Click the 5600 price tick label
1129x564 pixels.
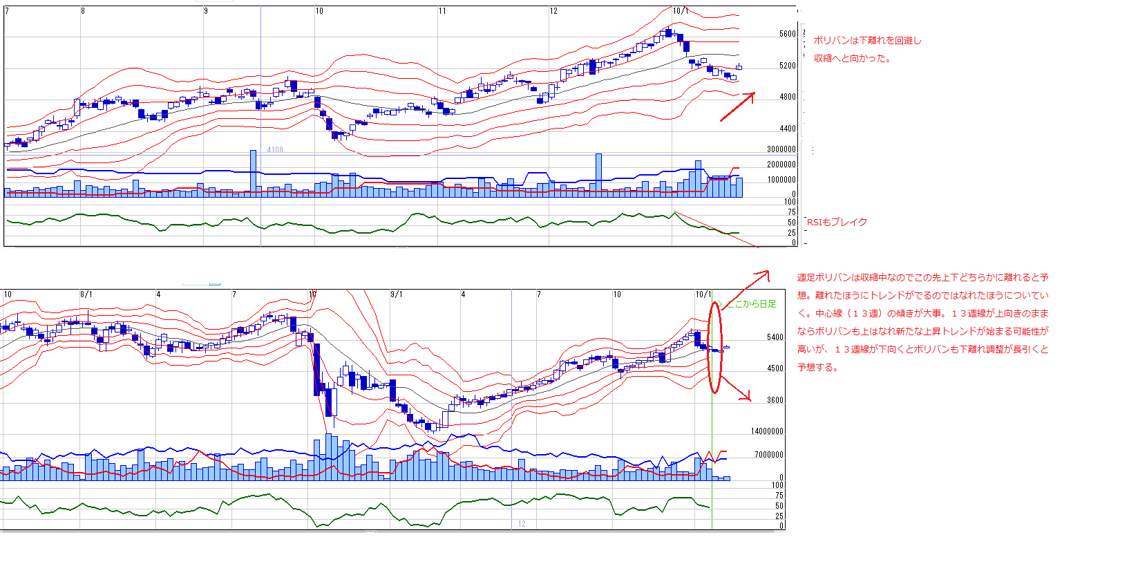[x=787, y=34]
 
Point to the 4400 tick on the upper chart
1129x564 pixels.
[x=787, y=129]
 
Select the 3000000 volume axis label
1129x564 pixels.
[x=781, y=149]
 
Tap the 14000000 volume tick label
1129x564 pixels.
[x=767, y=431]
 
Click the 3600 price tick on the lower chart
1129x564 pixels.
[x=775, y=400]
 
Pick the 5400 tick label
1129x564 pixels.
[x=775, y=338]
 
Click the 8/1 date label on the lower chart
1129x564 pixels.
[x=86, y=294]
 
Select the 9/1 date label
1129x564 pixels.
[x=396, y=294]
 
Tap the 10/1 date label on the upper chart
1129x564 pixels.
[x=680, y=11]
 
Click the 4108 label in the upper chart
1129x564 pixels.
[x=275, y=149]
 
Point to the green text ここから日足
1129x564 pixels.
[x=752, y=304]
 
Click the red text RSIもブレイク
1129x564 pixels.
[x=837, y=222]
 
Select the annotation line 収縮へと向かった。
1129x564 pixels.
[x=852, y=58]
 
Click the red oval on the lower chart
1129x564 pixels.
[x=715, y=347]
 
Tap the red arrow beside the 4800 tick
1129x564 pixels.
[x=737, y=106]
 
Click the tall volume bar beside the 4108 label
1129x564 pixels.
[x=253, y=173]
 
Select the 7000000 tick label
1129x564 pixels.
[x=768, y=455]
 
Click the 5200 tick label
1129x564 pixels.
[x=787, y=66]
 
